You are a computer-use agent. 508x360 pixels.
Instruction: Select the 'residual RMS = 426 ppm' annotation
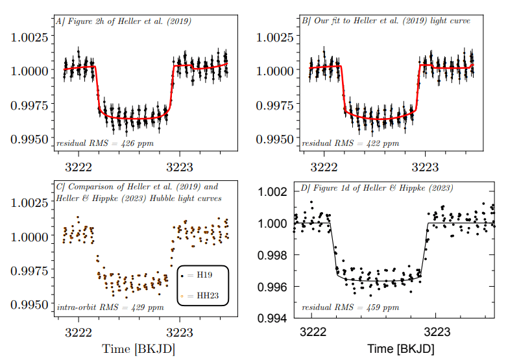pyautogui.click(x=105, y=143)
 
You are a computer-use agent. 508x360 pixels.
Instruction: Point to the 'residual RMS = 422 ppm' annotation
pyautogui.click(x=350, y=143)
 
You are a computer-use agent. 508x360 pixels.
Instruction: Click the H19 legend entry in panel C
pyautogui.click(x=202, y=276)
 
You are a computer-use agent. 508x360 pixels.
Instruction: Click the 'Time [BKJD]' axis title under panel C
pyautogui.click(x=138, y=349)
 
